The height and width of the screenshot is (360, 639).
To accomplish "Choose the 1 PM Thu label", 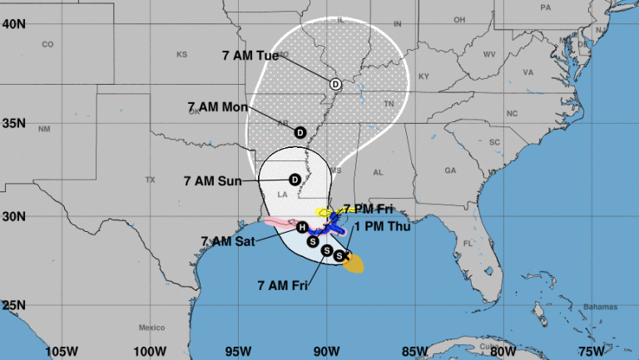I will (x=379, y=226).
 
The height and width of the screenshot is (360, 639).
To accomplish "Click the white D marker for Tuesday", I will (x=335, y=84).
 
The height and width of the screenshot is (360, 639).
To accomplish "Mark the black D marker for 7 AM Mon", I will (x=300, y=131).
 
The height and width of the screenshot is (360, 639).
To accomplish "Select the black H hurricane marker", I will (x=302, y=227).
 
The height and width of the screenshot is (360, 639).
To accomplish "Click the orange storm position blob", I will (x=354, y=264).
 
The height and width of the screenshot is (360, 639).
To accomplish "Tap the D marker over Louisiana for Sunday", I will (x=295, y=180).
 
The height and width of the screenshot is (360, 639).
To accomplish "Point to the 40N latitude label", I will (x=13, y=24).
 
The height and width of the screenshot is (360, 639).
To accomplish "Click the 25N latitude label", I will (x=13, y=305).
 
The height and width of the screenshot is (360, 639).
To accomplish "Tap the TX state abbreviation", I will (x=151, y=180).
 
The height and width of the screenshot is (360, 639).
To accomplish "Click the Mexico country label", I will (x=153, y=327).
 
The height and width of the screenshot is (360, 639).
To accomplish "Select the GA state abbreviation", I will (x=450, y=170).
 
